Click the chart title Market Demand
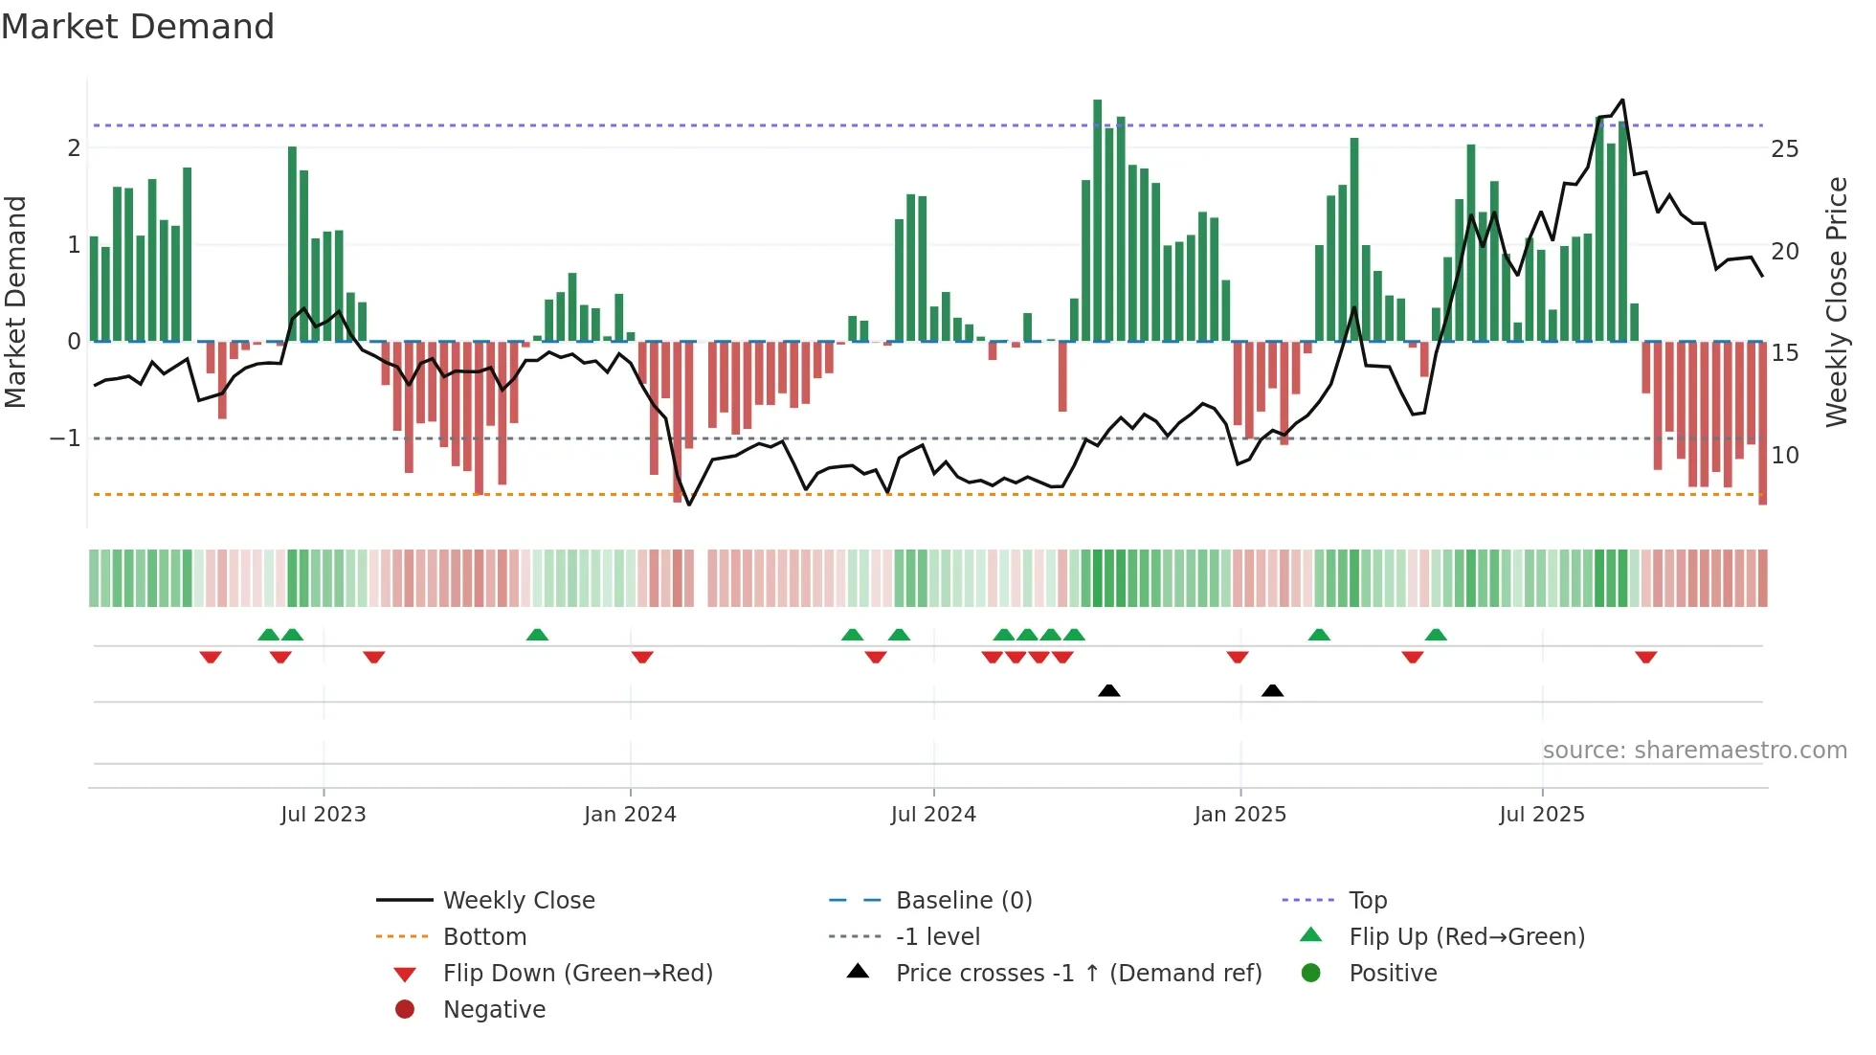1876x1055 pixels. pos(138,27)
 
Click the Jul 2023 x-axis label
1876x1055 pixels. pos(324,815)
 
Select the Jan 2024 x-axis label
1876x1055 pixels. pos(630,815)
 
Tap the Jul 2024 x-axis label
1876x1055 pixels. pos(933,815)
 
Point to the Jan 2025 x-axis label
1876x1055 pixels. pos(1240,815)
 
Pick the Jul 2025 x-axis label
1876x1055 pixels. pos(1542,815)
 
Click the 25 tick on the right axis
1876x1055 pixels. pos(1785,149)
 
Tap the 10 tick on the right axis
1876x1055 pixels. pos(1785,456)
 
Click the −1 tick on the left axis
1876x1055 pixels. pos(66,438)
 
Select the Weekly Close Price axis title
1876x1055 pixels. pos(1837,302)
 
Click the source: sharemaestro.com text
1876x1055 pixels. pos(1694,751)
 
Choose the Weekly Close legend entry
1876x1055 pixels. pos(519,901)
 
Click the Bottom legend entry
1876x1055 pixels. pos(484,937)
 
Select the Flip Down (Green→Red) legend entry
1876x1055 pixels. pos(577,974)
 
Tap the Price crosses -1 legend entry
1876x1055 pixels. pos(1079,974)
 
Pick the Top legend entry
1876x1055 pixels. pos(1368,901)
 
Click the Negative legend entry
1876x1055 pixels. pos(494,1010)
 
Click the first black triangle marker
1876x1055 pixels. pos(1108,690)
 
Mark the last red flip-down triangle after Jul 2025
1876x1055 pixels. pos(1645,657)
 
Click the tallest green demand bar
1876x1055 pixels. pos(1098,220)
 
